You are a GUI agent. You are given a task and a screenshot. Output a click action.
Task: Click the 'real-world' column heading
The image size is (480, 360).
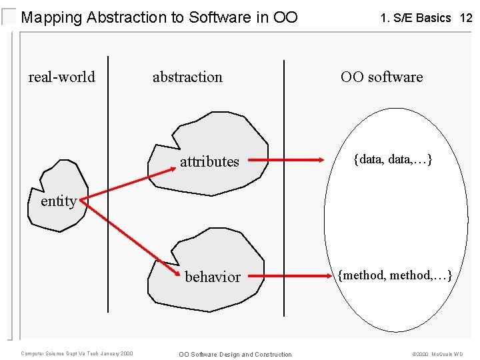point(61,77)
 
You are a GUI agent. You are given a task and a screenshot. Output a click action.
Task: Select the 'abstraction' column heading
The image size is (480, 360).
point(187,77)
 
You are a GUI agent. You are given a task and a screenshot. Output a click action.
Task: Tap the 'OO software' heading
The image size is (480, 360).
point(381,77)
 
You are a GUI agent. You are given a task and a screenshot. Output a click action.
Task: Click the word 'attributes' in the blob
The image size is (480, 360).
point(209,161)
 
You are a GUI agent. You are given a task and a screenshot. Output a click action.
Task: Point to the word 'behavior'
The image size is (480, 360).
point(213,277)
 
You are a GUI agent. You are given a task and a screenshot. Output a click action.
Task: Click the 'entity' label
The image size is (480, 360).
point(58,201)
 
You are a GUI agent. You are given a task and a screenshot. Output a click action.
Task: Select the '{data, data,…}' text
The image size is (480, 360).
point(393,159)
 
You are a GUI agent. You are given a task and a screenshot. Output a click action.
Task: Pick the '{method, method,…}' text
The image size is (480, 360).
point(395,275)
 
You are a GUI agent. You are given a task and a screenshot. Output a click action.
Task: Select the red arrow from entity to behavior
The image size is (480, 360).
point(133,239)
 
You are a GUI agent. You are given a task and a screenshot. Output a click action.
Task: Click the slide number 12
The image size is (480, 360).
point(466,18)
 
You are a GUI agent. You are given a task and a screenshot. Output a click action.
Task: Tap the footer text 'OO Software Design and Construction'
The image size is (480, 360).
point(235,354)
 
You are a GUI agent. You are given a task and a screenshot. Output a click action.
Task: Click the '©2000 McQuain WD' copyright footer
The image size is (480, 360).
point(437,354)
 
